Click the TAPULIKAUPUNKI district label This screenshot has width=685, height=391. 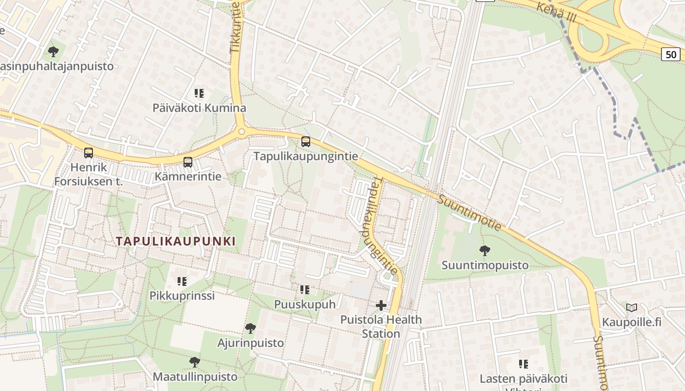coord(176,241)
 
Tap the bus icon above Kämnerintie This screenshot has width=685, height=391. coord(188,162)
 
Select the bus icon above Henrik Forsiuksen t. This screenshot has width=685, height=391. coord(89,153)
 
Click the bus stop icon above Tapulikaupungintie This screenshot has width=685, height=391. coord(306,142)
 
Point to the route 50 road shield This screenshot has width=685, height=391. coord(671,54)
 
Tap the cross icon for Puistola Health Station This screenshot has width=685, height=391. coord(381,306)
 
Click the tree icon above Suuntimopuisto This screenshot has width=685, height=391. coord(485,251)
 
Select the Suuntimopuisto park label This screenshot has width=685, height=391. coord(485,265)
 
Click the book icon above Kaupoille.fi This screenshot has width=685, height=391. coord(632,308)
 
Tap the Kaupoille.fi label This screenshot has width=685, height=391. coord(632,322)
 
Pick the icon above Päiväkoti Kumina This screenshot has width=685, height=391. coord(199,93)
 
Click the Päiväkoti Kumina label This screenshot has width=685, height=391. coord(199,108)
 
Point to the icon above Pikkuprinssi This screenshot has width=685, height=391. coord(182,281)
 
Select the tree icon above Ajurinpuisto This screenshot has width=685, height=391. coord(251,328)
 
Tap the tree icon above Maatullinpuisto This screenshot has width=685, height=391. coord(195,362)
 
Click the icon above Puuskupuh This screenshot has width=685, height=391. coord(305,290)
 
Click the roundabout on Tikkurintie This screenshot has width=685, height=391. coord(241,131)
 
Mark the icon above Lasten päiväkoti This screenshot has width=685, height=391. coord(524,364)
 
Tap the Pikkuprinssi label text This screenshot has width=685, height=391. coord(182,296)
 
